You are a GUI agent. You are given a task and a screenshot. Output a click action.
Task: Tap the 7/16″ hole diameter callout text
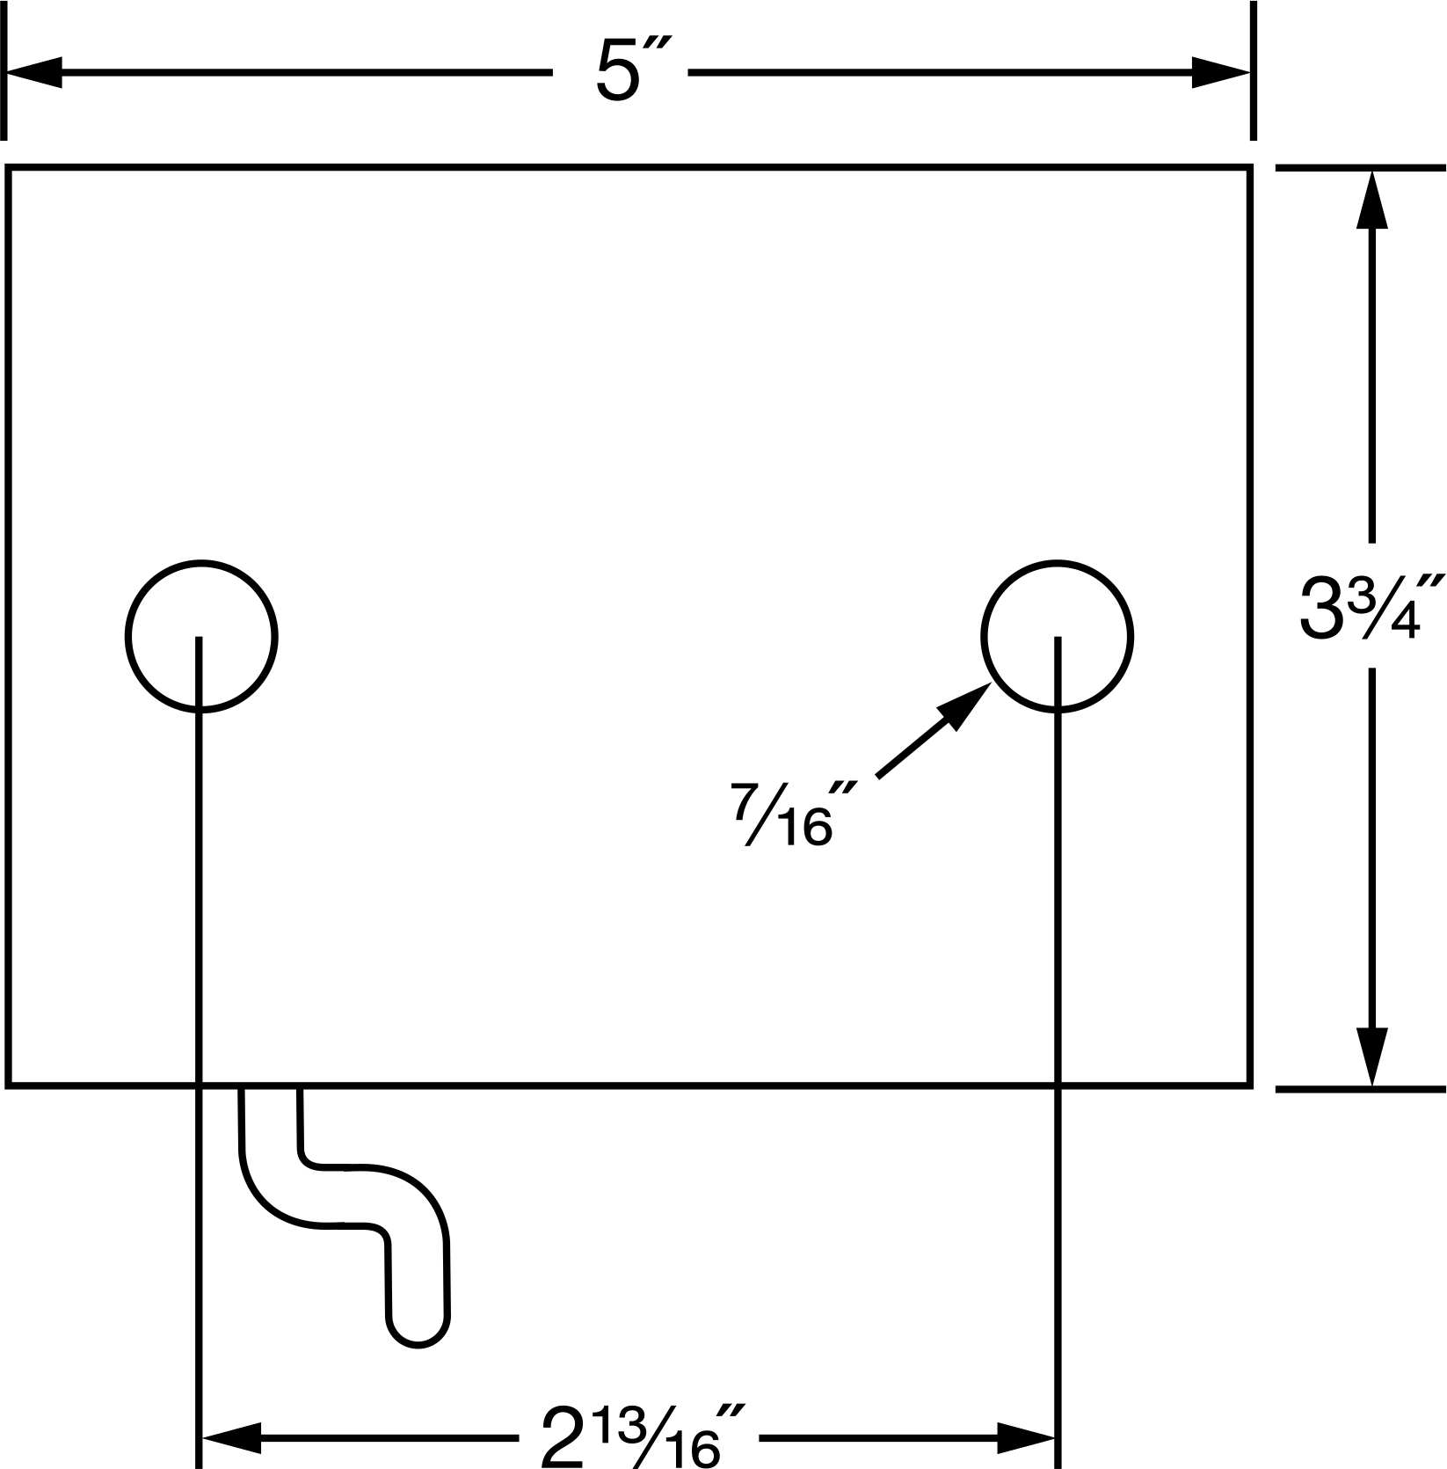[782, 815]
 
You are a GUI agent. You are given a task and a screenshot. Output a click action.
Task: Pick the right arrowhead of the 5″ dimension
[1221, 72]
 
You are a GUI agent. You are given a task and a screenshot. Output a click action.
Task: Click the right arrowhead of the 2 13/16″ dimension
[1026, 1439]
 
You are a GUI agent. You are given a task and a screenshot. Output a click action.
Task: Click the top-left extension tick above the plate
[6, 70]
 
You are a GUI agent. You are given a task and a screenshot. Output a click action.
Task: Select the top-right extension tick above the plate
[1252, 70]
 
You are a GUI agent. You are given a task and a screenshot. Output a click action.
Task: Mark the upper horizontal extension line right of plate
[1360, 167]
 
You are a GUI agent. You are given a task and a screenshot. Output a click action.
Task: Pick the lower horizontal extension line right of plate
[1360, 1089]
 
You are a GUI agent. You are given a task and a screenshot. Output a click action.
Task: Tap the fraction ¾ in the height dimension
[1380, 606]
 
